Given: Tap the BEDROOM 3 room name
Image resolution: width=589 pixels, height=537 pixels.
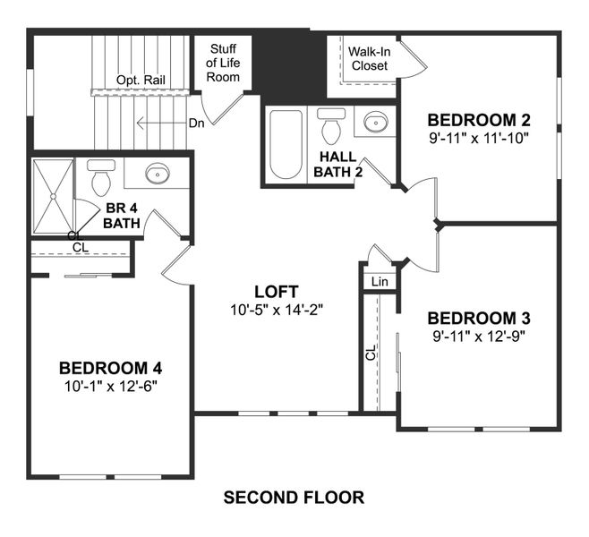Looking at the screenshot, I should pos(479,319).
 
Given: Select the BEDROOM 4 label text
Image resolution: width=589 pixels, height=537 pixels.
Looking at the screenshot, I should pos(110,368).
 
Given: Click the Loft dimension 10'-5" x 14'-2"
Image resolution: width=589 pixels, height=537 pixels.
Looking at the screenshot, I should pos(275,311).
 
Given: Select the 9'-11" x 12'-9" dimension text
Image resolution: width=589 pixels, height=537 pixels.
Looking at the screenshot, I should pos(479,337).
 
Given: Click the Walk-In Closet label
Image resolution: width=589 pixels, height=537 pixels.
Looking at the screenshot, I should pos(369,58).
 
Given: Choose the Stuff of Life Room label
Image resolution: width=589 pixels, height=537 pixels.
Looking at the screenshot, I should pos(224,63).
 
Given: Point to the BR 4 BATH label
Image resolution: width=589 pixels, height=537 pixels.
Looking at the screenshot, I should pos(121,216).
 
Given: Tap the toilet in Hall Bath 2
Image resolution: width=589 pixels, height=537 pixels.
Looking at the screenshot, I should pos(332,125).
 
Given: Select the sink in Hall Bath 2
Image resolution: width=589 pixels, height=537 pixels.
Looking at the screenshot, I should pos(375,122).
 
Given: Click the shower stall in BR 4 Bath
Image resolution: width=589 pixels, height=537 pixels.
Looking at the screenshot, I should pos(52,198).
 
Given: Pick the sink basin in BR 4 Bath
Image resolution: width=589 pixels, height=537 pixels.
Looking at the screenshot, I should pos(158,173).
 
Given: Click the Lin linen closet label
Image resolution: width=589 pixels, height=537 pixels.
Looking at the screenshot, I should pos(380,281).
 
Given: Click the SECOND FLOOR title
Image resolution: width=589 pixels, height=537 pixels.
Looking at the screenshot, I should pos(294,497).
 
